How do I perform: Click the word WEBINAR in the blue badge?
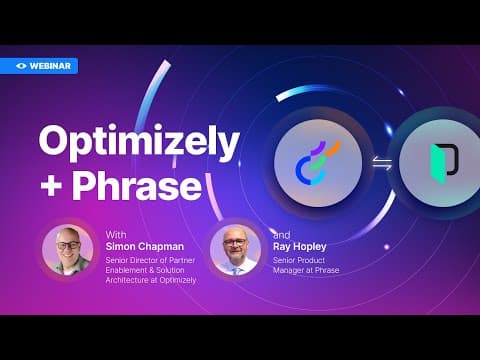pyautogui.click(x=50, y=66)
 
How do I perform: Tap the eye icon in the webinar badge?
pyautogui.click(x=21, y=66)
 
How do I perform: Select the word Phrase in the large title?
pyautogui.click(x=137, y=185)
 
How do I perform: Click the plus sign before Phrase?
pyautogui.click(x=51, y=187)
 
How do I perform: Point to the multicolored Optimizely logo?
pyautogui.click(x=318, y=163)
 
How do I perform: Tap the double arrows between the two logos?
pyautogui.click(x=382, y=163)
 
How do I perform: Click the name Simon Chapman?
pyautogui.click(x=145, y=247)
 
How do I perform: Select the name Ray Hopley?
pyautogui.click(x=300, y=247)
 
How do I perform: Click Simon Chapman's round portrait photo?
pyautogui.click(x=68, y=250)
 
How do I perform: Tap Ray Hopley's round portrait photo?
pyautogui.click(x=236, y=250)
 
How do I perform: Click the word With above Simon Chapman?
pyautogui.click(x=116, y=235)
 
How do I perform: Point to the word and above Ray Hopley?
pyautogui.click(x=282, y=235)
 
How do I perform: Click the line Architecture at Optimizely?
pyautogui.click(x=151, y=280)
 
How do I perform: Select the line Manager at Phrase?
pyautogui.click(x=306, y=270)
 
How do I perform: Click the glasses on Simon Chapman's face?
pyautogui.click(x=68, y=246)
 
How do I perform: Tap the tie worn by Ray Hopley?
pyautogui.click(x=237, y=270)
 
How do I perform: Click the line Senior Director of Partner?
pyautogui.click(x=150, y=260)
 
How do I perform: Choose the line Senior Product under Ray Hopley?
pyautogui.click(x=299, y=260)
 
